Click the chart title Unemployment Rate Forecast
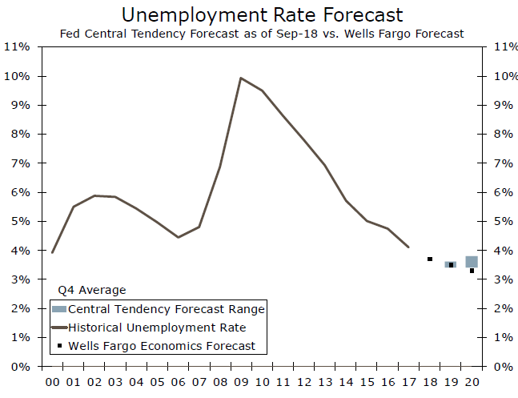click(262, 14)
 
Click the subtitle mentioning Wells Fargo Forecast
click(262, 34)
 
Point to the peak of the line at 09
click(241, 78)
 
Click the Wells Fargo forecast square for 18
click(430, 259)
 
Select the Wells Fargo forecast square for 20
click(472, 271)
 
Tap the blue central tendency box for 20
click(472, 261)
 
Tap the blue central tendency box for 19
click(451, 263)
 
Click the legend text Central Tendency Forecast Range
click(167, 308)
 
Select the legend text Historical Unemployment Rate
click(157, 327)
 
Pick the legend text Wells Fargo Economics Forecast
click(162, 346)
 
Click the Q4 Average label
click(93, 290)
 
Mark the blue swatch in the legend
click(59, 308)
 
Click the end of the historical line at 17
click(409, 247)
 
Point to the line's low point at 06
click(179, 237)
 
